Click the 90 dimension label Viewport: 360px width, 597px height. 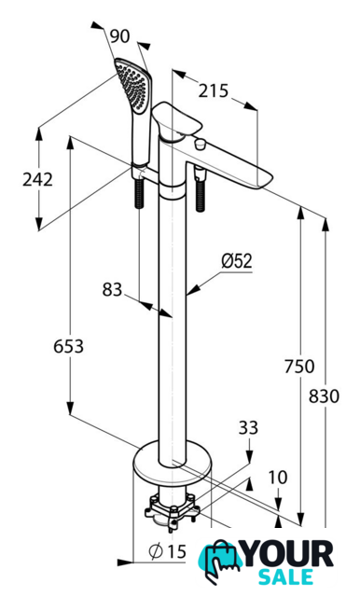pos(120,36)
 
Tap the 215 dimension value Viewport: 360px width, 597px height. pos(213,91)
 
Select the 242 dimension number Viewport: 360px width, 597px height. pos(37,179)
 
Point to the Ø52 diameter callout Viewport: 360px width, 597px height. pos(237,261)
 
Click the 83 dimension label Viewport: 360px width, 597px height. pos(112,290)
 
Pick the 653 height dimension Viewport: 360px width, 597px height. pos(68,346)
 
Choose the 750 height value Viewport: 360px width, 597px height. pos(299,367)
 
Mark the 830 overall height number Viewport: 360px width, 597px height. pos(324,396)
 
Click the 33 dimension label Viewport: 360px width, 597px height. pos(248,427)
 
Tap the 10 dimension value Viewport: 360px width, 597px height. pos(278,478)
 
